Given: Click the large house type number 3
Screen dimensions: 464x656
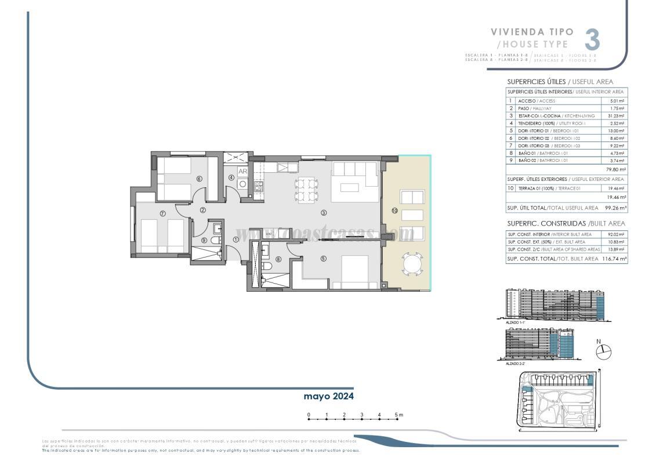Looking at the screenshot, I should coord(592,40).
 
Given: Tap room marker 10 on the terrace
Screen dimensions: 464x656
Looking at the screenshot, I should coord(394,211).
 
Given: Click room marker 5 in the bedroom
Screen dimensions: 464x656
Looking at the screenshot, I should coord(323,259).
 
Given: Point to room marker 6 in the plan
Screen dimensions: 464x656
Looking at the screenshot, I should coord(199,179).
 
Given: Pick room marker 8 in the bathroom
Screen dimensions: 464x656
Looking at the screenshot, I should coord(278,259).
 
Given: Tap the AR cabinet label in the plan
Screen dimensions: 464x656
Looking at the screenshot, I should coord(243,172).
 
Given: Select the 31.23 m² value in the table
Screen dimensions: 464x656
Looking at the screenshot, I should coord(615,115).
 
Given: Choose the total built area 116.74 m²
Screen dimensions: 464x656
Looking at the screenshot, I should coord(615,259).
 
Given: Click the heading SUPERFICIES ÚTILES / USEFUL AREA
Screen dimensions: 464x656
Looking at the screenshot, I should coord(560,82).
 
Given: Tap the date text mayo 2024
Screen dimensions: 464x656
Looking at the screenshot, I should coord(328,396).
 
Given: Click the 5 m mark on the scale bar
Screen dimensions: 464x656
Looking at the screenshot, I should coord(397,415).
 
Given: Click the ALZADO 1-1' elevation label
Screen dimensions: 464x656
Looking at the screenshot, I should coord(515,320).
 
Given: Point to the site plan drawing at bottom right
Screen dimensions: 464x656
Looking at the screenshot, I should coord(556,400).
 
